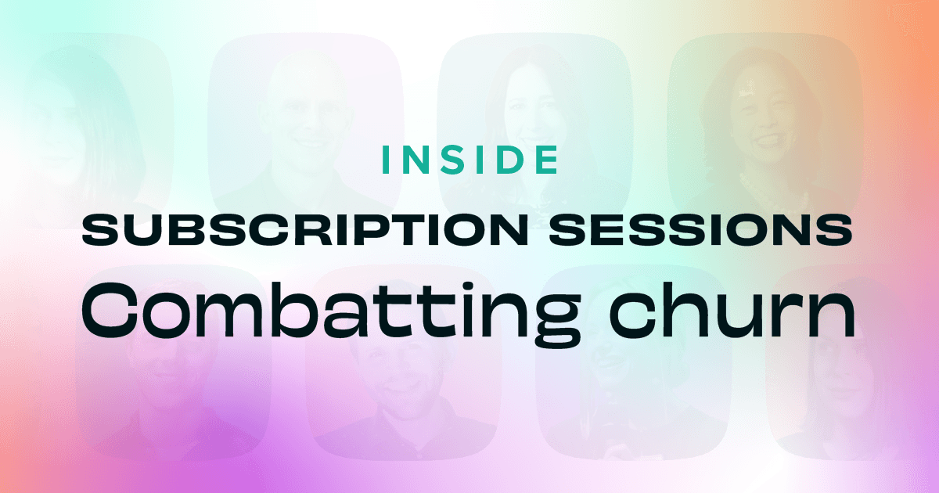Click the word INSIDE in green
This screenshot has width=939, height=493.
click(470, 160)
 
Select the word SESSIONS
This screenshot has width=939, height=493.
click(700, 230)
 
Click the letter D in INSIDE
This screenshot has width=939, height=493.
click(508, 160)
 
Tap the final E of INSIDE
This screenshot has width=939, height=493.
click(548, 160)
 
